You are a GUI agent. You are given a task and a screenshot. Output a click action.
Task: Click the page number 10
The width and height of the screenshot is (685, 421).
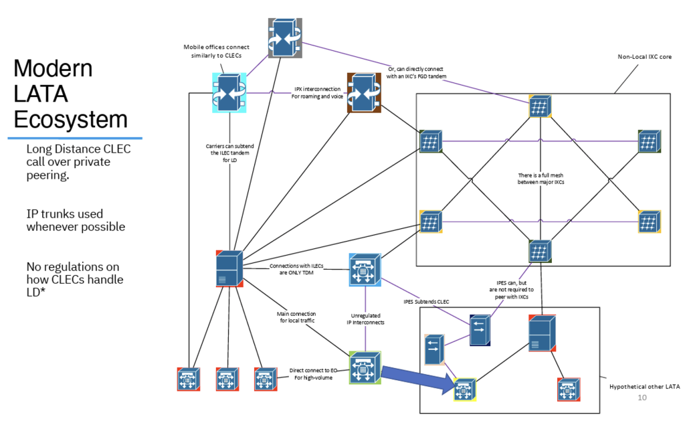642,398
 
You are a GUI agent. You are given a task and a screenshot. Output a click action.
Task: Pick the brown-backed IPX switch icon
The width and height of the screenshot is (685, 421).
363,92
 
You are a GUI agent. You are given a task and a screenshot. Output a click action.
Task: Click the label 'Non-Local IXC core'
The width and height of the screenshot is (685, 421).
644,57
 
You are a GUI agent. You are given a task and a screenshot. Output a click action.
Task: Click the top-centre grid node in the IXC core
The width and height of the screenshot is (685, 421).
539,107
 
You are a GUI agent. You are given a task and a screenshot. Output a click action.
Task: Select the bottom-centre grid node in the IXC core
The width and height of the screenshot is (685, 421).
539,252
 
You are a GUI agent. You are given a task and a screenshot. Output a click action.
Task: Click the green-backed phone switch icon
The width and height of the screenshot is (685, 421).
365,367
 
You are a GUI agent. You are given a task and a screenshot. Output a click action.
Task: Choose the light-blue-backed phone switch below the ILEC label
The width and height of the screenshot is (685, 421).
365,269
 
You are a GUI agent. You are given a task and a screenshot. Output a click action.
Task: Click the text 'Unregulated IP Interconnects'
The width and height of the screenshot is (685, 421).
365,319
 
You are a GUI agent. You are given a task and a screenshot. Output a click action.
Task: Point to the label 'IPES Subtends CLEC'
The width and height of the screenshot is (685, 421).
427,302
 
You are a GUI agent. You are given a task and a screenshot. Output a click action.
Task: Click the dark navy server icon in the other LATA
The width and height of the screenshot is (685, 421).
480,330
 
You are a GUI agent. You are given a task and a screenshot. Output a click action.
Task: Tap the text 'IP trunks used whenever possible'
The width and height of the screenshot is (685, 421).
76,220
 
